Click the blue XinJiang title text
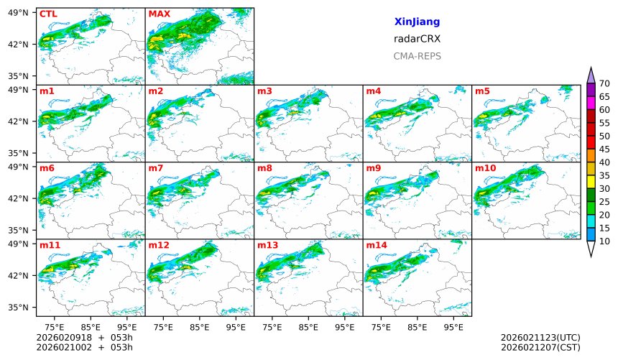tap(417, 22)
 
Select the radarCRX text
tap(417, 39)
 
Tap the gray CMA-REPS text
tap(417, 56)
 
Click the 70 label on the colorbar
tap(604, 84)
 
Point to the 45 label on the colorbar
tap(604, 149)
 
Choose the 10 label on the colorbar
tap(604, 241)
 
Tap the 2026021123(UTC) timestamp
tap(540, 338)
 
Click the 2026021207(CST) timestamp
tap(540, 348)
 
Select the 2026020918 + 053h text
tap(79, 338)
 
